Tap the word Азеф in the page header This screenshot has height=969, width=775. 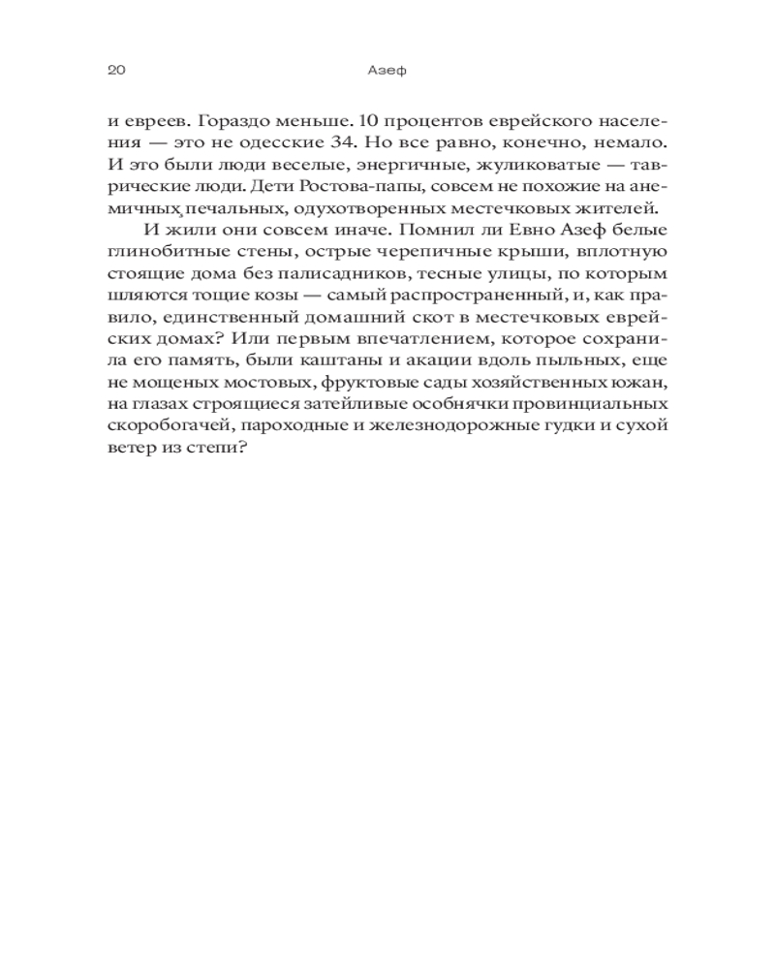(x=387, y=70)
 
